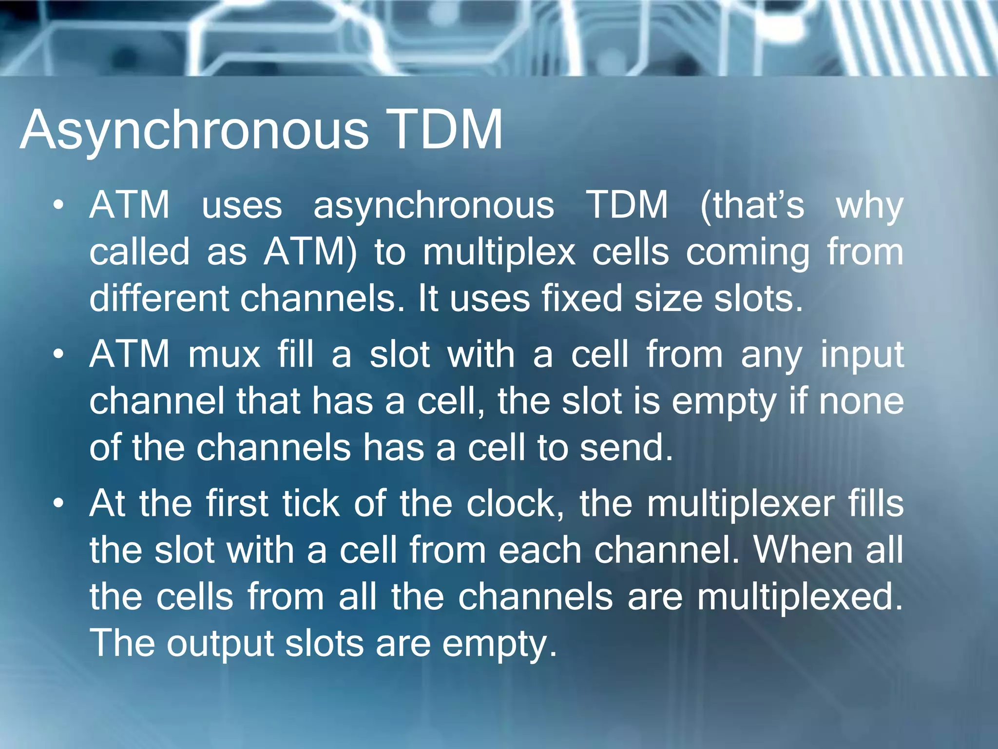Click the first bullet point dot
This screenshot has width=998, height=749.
[x=58, y=205]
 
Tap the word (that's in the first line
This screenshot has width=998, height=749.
[x=752, y=205]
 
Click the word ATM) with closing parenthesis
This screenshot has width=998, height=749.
[x=310, y=252]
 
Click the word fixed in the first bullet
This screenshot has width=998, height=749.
[x=582, y=298]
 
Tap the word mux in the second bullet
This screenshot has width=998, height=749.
[x=224, y=355]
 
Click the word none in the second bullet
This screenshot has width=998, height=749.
[x=861, y=401]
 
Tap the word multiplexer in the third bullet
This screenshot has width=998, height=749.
[x=740, y=504]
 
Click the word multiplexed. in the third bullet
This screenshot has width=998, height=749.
[x=800, y=597]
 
